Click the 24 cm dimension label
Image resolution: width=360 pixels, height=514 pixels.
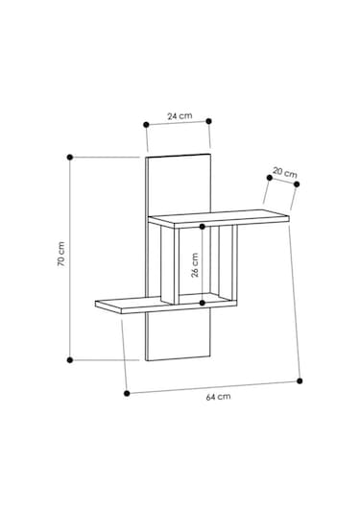pyautogui.click(x=180, y=116)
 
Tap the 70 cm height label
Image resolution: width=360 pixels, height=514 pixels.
pyautogui.click(x=61, y=254)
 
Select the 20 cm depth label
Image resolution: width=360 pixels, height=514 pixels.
pyautogui.click(x=285, y=173)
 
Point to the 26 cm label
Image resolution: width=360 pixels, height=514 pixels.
pyautogui.click(x=195, y=265)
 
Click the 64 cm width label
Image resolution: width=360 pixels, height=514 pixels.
pyautogui.click(x=218, y=397)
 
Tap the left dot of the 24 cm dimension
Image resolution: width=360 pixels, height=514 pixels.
pyautogui.click(x=147, y=125)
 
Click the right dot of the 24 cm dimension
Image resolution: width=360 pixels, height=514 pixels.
pyautogui.click(x=209, y=121)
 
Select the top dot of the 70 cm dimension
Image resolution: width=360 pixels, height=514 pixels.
pyautogui.click(x=70, y=158)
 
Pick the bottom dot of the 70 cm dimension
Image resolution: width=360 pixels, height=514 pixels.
pyautogui.click(x=70, y=360)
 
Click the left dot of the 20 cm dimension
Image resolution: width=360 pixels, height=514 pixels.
pyautogui.click(x=270, y=178)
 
